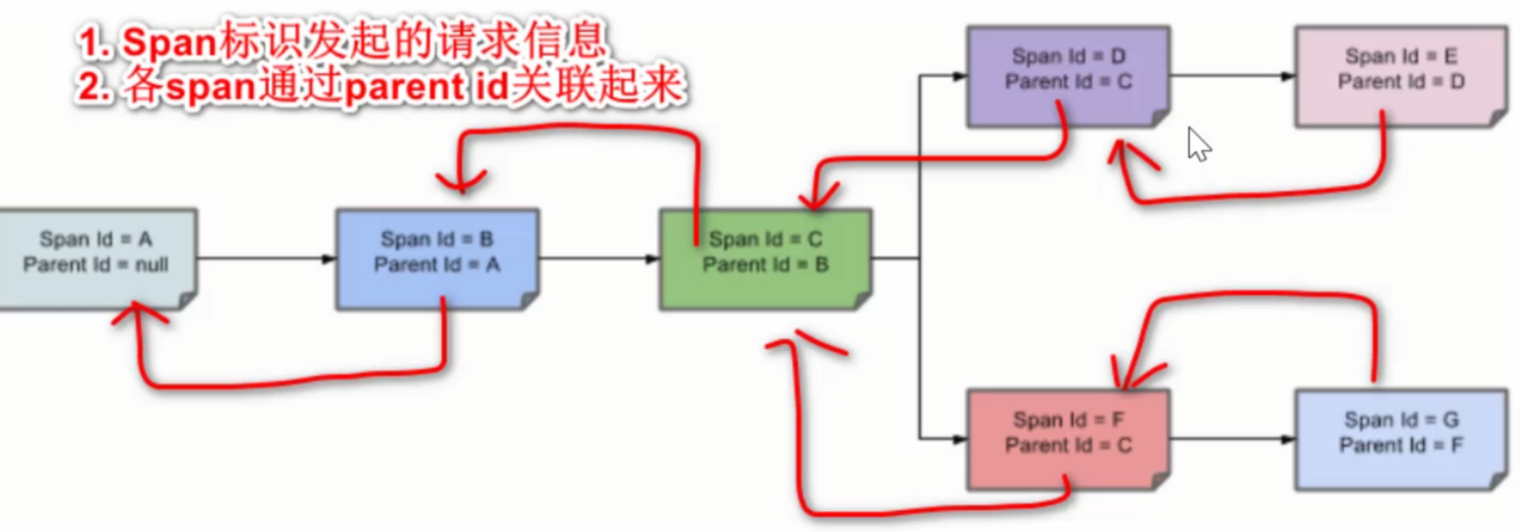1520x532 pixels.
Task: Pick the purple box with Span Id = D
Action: click(1068, 75)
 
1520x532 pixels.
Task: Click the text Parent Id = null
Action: click(96, 265)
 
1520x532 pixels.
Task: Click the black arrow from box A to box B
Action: click(267, 259)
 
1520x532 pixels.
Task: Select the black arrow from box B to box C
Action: click(599, 259)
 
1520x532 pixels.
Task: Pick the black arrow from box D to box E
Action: click(1232, 75)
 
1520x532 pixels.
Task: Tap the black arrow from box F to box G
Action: click(1232, 439)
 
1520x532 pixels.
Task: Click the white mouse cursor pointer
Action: click(1199, 144)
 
